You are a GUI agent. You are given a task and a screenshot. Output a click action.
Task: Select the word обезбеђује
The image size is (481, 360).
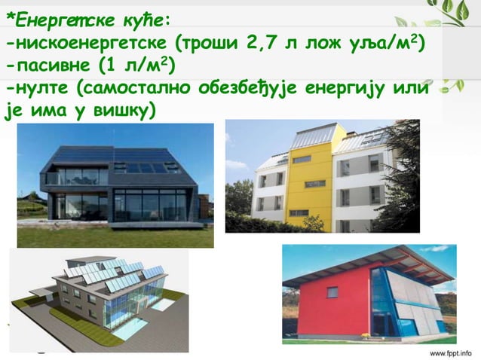(247, 87)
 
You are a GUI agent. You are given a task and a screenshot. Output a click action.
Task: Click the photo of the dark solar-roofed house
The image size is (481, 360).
(113, 185)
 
